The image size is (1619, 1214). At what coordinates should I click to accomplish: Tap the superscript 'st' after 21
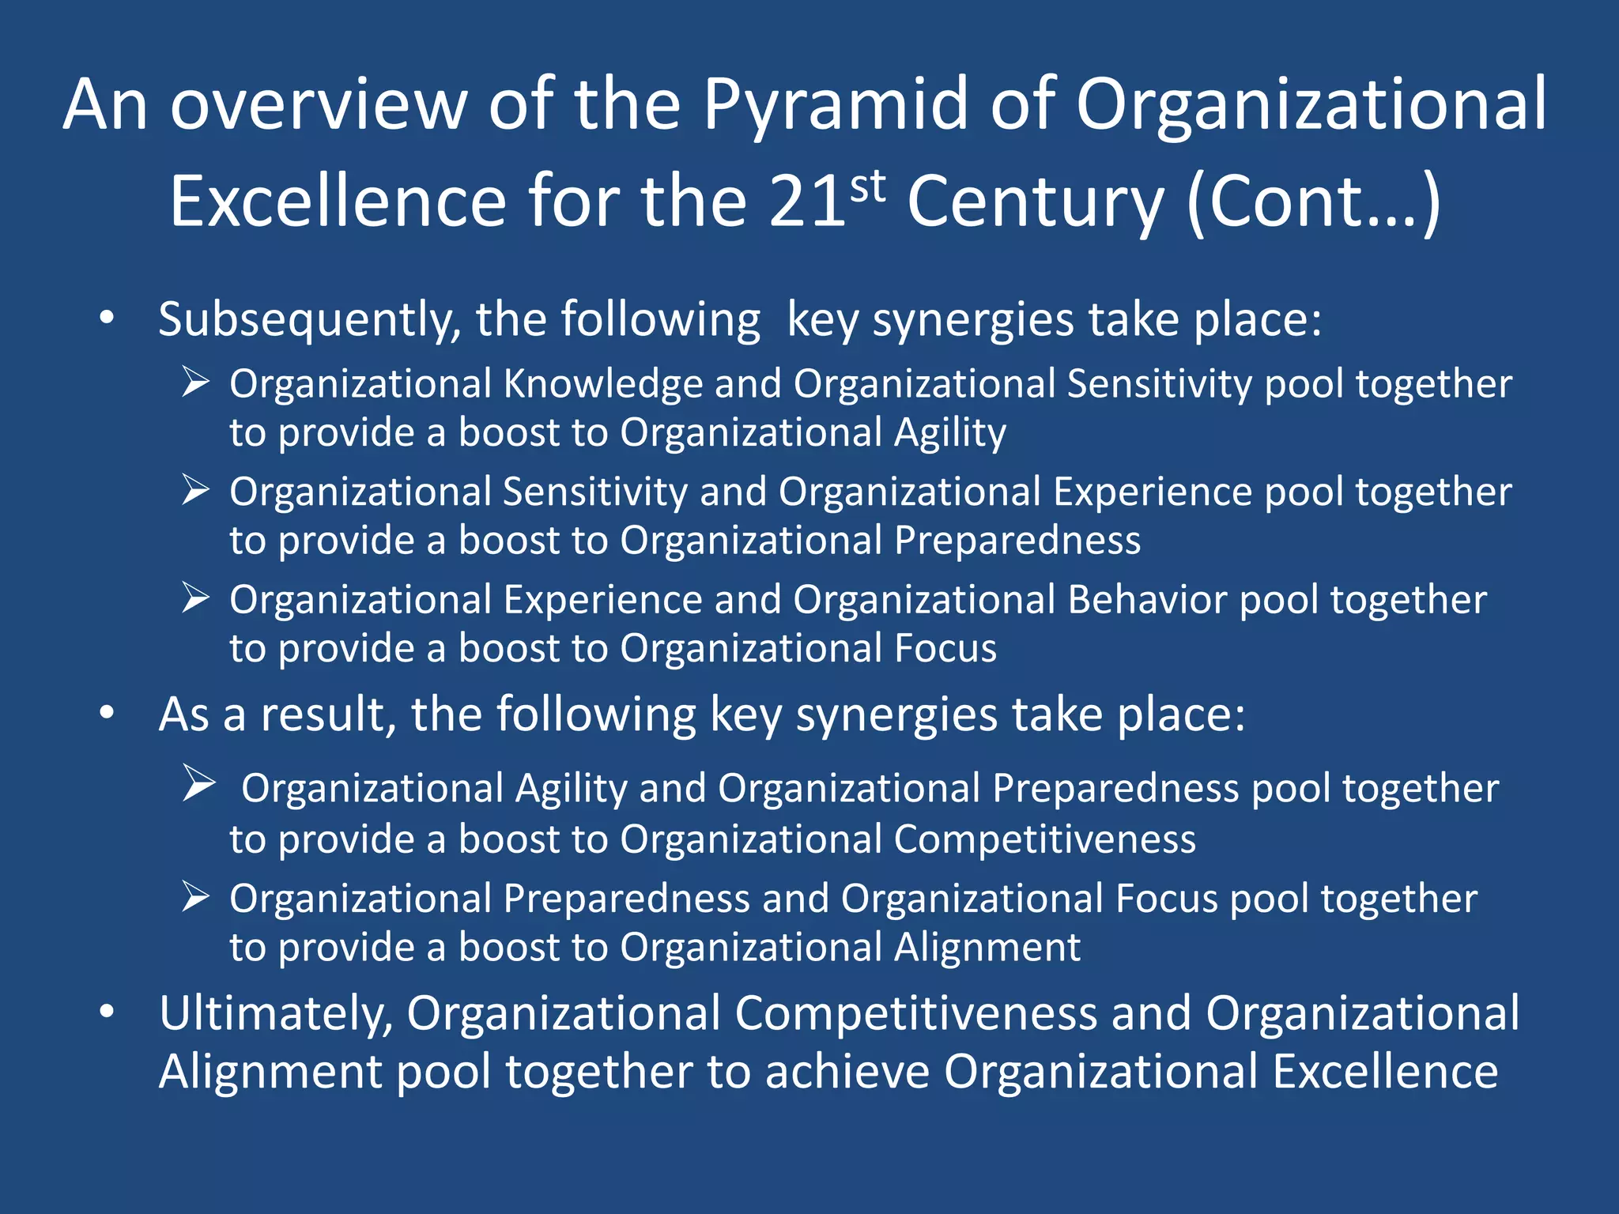pos(868,187)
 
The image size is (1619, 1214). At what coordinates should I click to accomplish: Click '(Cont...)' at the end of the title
pos(1315,204)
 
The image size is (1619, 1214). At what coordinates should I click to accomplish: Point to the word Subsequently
pos(309,321)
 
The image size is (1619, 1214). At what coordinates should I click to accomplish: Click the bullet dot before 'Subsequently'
pos(108,319)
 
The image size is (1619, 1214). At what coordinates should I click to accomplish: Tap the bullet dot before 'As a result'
pos(108,714)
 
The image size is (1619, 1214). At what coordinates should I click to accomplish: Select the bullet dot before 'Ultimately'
pos(108,1012)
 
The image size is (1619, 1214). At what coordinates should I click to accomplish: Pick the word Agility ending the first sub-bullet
pos(949,434)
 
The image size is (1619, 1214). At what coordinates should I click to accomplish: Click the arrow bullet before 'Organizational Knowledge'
pos(195,382)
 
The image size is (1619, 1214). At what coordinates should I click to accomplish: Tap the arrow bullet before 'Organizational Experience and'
pos(195,598)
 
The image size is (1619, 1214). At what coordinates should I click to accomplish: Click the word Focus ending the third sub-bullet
pos(945,649)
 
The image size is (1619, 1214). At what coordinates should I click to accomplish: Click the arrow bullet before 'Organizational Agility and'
pos(198,783)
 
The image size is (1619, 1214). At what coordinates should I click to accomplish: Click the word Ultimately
pos(276,1014)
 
